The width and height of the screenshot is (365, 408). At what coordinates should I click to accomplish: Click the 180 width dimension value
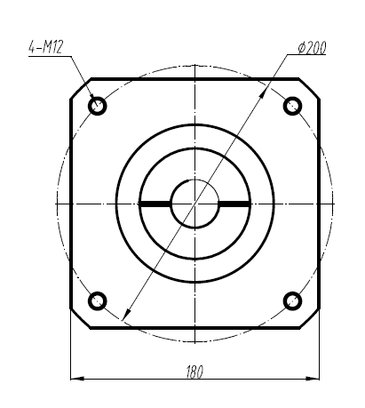[194, 373]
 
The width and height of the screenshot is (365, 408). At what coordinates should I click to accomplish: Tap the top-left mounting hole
[98, 106]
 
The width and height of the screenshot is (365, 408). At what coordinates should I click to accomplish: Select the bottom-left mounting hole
[98, 300]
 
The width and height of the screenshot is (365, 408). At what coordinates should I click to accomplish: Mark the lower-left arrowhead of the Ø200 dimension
[124, 314]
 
